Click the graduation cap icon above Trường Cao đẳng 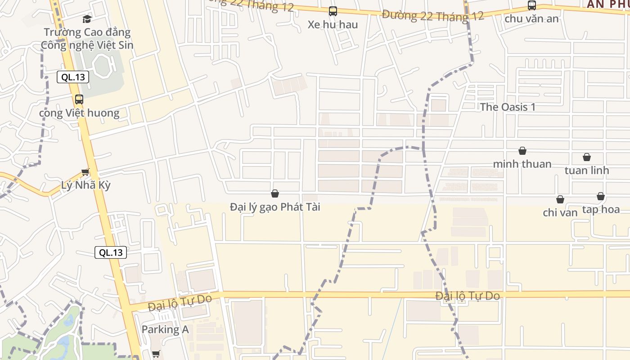click(x=87, y=19)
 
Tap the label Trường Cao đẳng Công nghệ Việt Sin click(x=87, y=39)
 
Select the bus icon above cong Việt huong click(x=79, y=99)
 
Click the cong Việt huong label click(x=79, y=113)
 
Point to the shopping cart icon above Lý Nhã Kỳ click(x=85, y=171)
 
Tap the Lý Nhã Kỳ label click(x=85, y=185)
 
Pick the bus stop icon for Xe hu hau click(x=333, y=11)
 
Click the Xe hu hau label click(x=333, y=25)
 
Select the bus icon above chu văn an click(x=532, y=5)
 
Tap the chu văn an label click(x=532, y=19)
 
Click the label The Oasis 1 click(x=508, y=107)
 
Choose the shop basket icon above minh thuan click(x=522, y=151)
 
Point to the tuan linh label click(x=587, y=171)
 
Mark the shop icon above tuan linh click(x=587, y=157)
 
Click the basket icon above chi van click(x=560, y=199)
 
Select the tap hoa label click(x=601, y=210)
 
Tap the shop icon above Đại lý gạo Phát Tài click(x=275, y=193)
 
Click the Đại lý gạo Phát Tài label click(x=275, y=207)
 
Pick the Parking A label click(x=165, y=330)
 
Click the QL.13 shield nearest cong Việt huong click(x=73, y=77)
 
